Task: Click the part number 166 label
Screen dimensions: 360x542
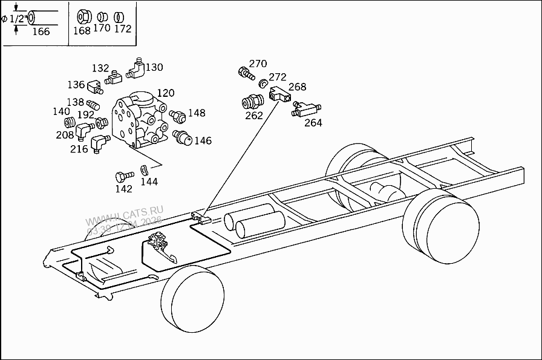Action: click(x=41, y=31)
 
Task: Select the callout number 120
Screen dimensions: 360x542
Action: click(x=165, y=93)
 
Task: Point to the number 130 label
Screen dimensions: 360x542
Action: click(x=154, y=67)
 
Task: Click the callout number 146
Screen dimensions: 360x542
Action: click(x=203, y=140)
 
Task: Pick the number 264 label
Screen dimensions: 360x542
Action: click(x=313, y=123)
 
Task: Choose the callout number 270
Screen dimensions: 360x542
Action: click(x=258, y=64)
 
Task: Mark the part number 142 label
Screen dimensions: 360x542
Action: click(x=123, y=189)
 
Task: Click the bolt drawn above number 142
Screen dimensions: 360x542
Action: click(x=123, y=176)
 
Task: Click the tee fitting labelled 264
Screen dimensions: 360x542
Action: click(x=305, y=109)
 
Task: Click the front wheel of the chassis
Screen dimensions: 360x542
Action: click(x=192, y=301)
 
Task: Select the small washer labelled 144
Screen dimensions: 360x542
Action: click(x=145, y=169)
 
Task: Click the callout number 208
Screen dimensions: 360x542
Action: click(x=65, y=135)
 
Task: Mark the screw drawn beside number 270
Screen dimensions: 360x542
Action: click(x=246, y=74)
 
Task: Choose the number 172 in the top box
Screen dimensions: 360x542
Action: click(x=122, y=28)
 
